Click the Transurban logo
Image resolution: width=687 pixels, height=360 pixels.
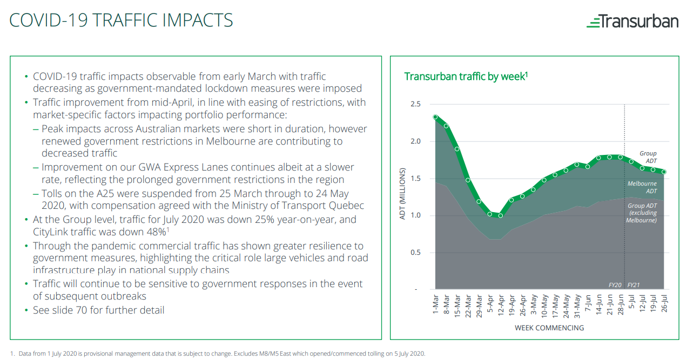[632, 21]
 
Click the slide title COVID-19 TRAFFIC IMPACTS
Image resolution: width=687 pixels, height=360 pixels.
[121, 20]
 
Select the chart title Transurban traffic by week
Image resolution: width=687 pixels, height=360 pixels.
[466, 76]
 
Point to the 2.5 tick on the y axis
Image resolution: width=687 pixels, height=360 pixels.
[415, 104]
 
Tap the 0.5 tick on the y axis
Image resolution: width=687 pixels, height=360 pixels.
[415, 252]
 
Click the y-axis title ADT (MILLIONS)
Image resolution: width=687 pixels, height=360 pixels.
[402, 194]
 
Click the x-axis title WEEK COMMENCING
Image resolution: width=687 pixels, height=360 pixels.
[549, 328]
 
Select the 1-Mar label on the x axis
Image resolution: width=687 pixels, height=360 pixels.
[435, 304]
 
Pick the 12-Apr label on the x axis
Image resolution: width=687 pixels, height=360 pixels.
[501, 305]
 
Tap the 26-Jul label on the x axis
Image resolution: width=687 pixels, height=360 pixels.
[664, 304]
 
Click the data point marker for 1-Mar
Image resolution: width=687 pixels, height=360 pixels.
[435, 117]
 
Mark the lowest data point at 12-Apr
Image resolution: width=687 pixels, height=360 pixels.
[501, 216]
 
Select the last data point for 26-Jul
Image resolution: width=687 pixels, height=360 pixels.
[664, 172]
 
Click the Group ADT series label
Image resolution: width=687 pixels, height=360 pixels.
[648, 157]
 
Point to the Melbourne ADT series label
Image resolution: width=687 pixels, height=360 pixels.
[642, 187]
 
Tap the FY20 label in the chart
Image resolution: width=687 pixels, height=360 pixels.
[615, 285]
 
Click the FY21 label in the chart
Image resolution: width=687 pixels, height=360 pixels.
[634, 285]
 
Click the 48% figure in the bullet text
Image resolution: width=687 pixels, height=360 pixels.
[157, 232]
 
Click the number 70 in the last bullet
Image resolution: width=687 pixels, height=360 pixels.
[82, 310]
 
